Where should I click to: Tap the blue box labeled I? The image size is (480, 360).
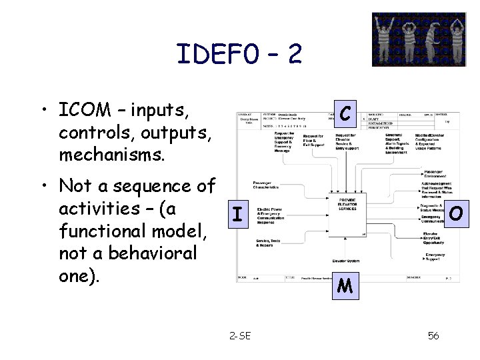(x=237, y=215)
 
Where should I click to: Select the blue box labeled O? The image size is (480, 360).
(x=456, y=214)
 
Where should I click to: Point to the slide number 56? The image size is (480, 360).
(x=433, y=336)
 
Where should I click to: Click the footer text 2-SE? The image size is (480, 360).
(x=239, y=336)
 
